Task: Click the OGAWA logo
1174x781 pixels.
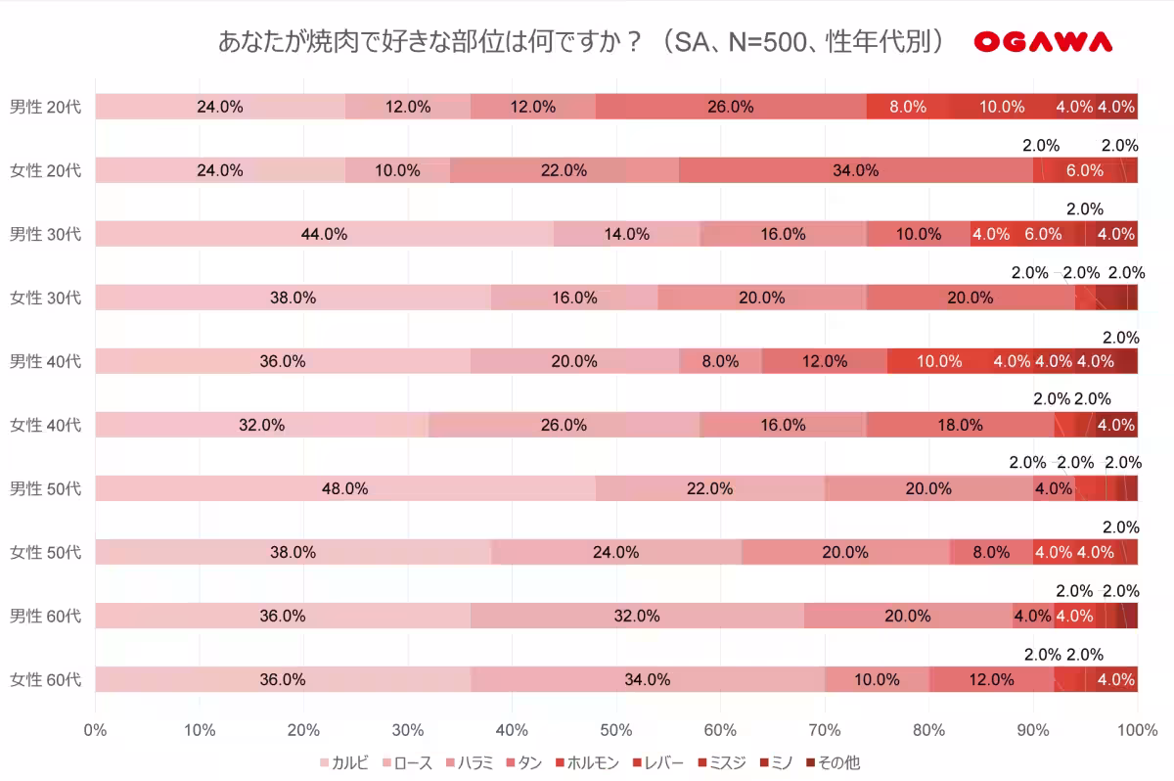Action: (1043, 42)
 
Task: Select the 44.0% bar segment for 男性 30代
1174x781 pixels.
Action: (324, 234)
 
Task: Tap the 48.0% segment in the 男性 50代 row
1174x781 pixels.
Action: (344, 488)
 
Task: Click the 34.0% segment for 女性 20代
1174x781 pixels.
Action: (855, 170)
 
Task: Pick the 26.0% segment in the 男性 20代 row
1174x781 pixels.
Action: (730, 107)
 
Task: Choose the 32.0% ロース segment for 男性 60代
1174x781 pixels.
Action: (636, 616)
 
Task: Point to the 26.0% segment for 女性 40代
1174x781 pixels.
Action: (564, 425)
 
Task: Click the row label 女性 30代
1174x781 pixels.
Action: (45, 298)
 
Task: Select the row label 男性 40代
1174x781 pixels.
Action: (45, 361)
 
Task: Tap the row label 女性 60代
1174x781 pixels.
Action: (45, 679)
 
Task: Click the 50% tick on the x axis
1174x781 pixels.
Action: (615, 729)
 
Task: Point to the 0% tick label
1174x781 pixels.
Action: (95, 729)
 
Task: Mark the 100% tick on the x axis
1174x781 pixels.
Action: (1136, 729)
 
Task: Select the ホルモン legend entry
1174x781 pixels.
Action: (586, 762)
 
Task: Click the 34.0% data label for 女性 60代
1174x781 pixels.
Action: (647, 679)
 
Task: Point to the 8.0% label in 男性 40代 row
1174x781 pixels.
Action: (720, 361)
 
